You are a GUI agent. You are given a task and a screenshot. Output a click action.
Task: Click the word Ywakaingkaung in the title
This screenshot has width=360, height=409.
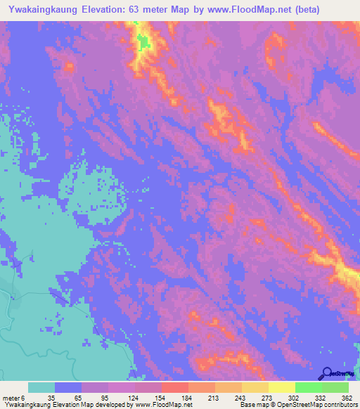41,10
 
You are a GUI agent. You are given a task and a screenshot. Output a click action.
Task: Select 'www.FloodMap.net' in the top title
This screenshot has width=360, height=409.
233,10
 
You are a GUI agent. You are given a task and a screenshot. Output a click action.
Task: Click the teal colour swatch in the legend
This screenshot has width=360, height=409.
41,388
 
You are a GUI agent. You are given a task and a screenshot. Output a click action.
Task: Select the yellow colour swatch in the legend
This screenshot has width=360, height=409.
281,388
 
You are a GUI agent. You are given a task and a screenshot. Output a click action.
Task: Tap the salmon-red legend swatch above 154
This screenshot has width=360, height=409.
174,388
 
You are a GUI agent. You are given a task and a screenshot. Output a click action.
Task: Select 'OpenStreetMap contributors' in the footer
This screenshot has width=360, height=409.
315,405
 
